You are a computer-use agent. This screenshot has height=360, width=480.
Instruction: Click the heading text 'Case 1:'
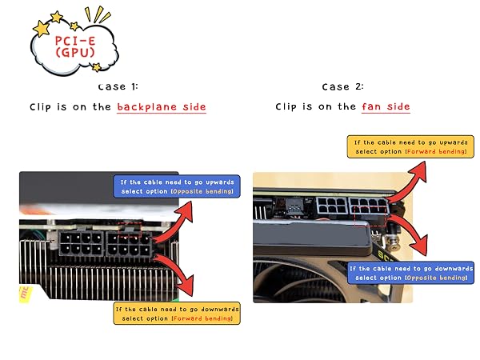tap(118, 86)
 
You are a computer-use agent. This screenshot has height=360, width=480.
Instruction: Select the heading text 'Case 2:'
tap(343, 86)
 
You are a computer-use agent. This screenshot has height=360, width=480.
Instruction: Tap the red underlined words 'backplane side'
tap(162, 107)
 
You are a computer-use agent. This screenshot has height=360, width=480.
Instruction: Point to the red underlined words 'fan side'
tap(386, 106)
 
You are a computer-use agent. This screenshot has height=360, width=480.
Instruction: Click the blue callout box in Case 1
tap(177, 186)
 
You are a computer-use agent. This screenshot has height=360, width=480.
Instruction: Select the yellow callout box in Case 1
tap(177, 313)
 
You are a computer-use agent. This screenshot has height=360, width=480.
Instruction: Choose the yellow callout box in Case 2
tap(410, 146)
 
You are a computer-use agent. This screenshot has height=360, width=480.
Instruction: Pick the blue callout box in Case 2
tap(410, 273)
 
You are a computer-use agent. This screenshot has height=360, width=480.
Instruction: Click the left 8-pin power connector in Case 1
tap(81, 244)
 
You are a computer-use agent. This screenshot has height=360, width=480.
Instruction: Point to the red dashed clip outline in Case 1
tap(130, 230)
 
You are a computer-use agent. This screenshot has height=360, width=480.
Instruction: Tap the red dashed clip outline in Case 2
tap(370, 217)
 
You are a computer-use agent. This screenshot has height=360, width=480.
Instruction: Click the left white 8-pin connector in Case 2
tap(332, 206)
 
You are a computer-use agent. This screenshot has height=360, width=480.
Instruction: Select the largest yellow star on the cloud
tap(42, 29)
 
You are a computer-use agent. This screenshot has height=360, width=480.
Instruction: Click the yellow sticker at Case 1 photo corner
tap(25, 294)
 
